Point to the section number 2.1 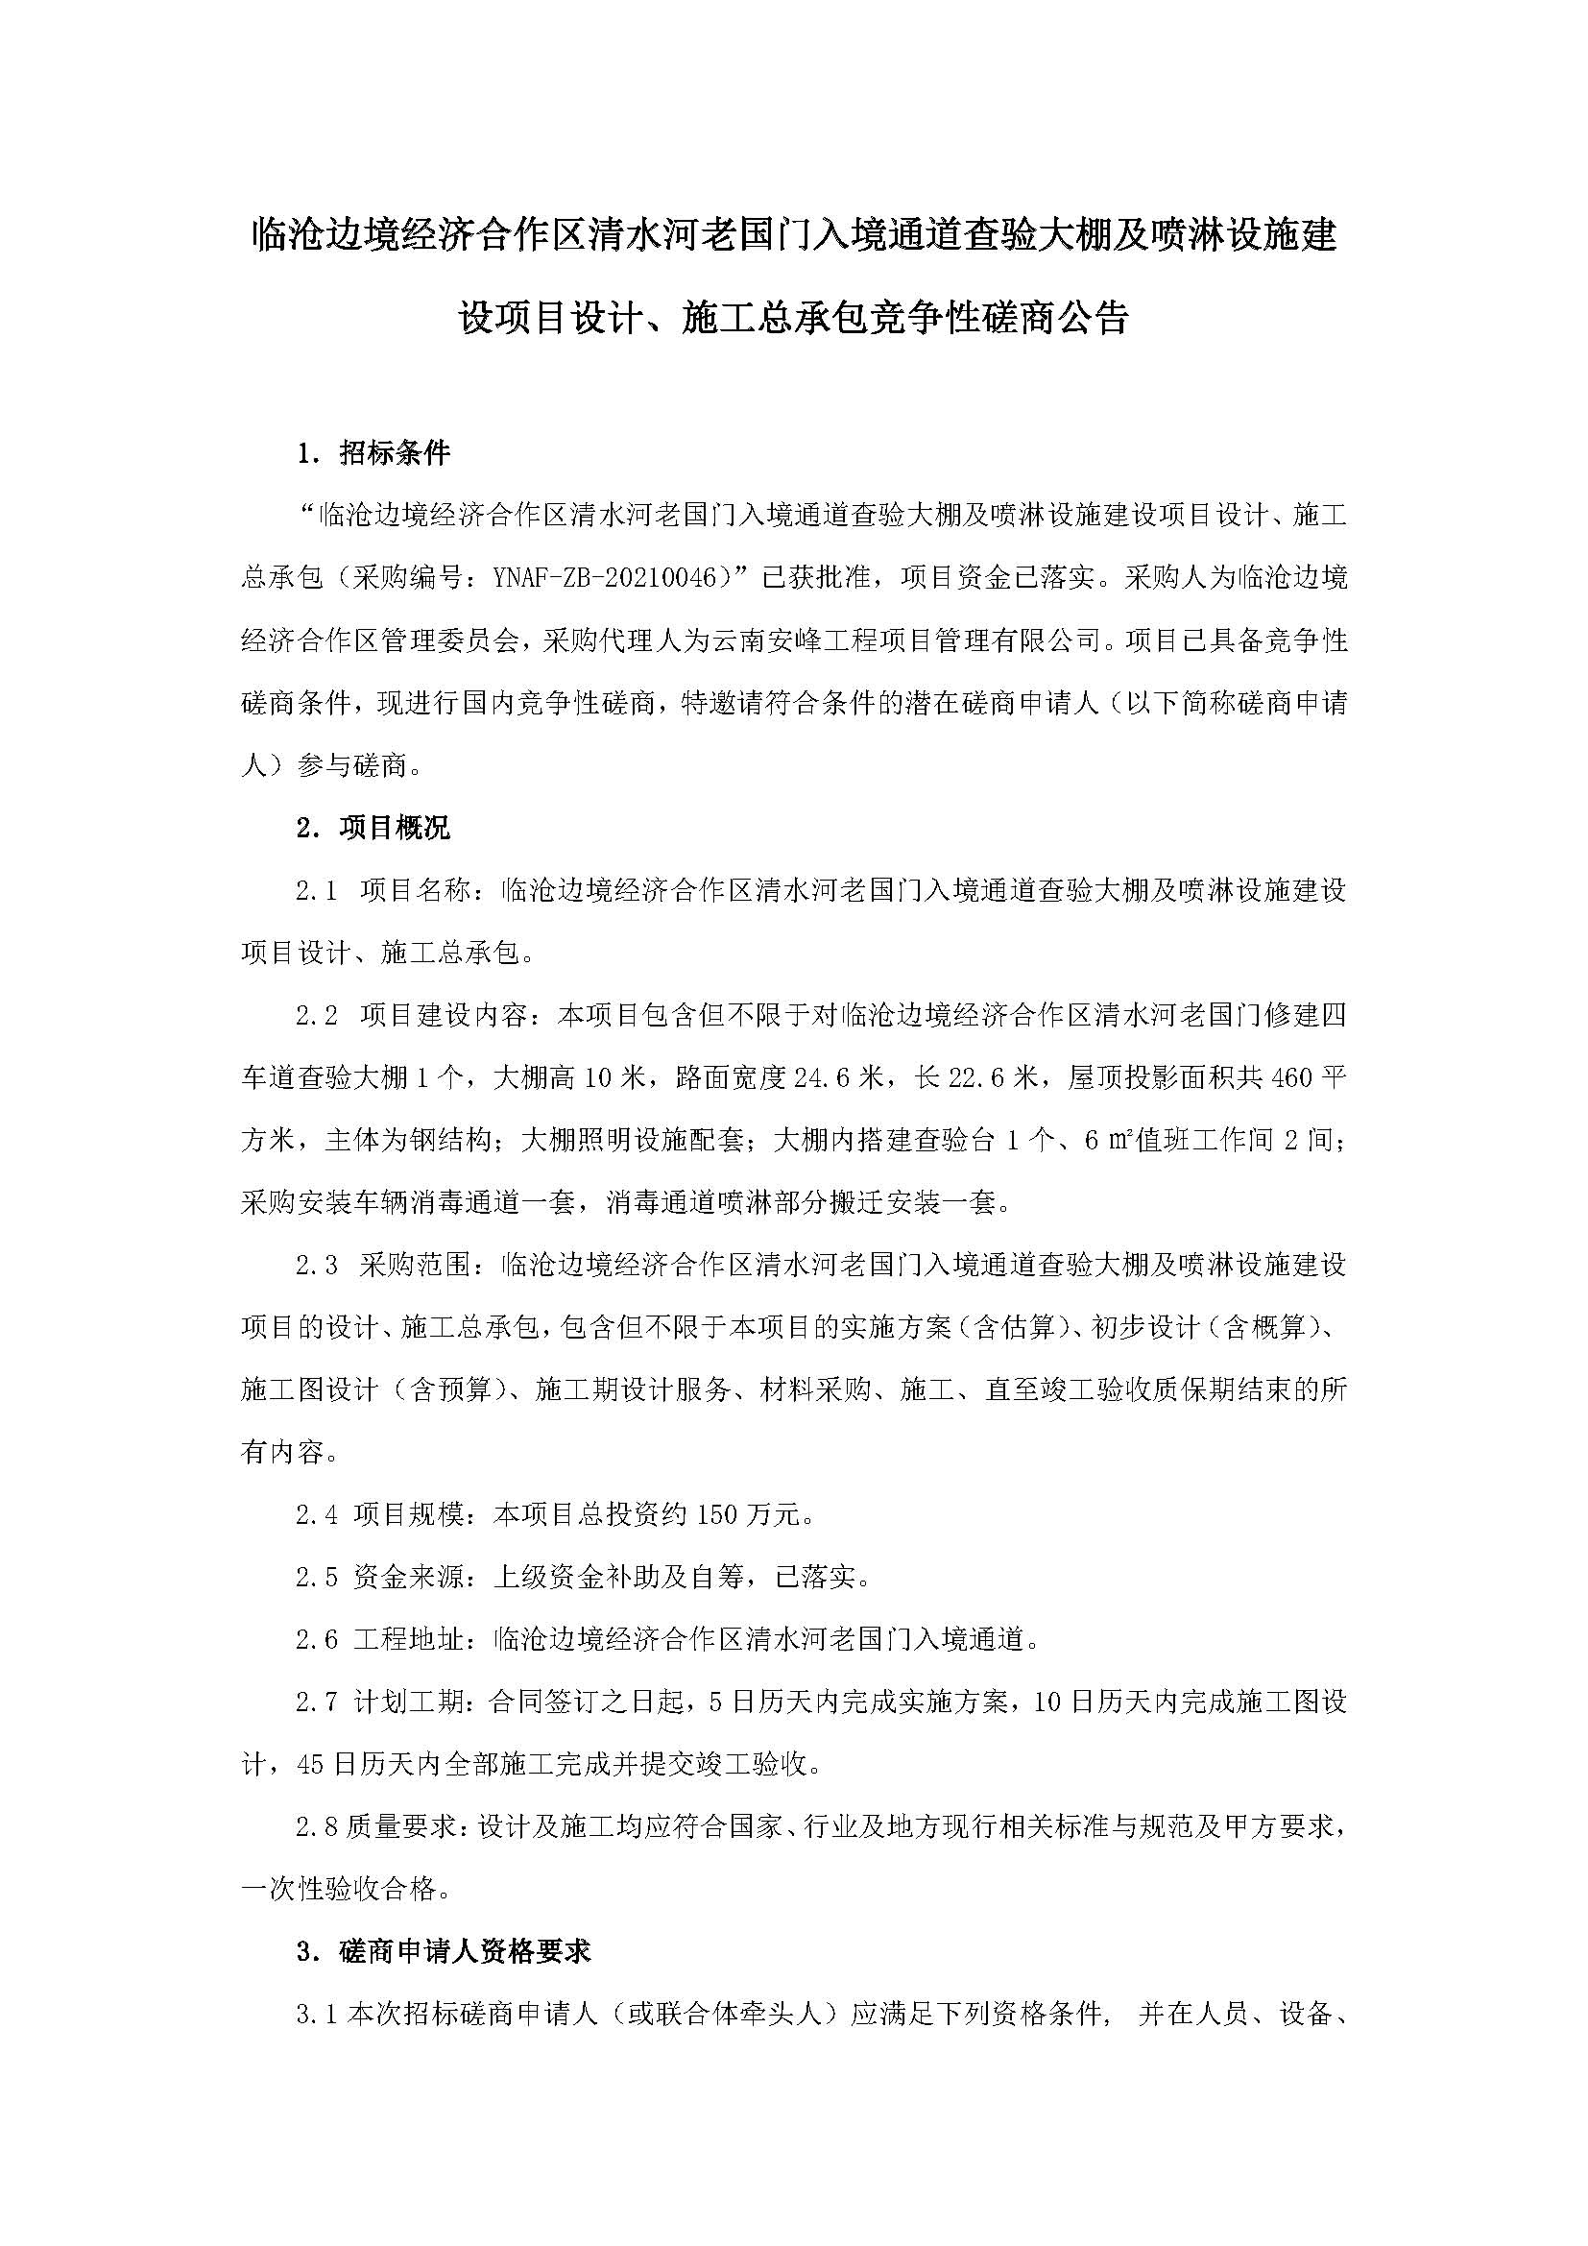[317, 891]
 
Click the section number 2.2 [317, 1016]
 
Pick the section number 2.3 [317, 1266]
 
